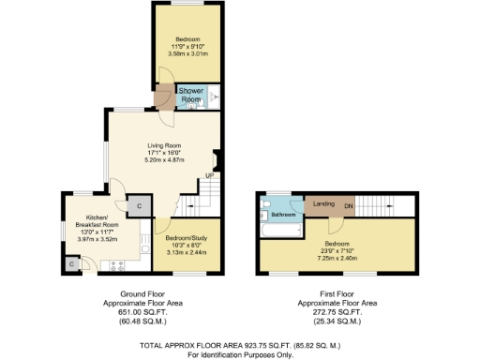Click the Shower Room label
click(191, 96)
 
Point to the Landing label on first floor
click(324, 203)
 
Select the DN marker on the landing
click(348, 204)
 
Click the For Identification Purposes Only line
click(239, 355)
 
